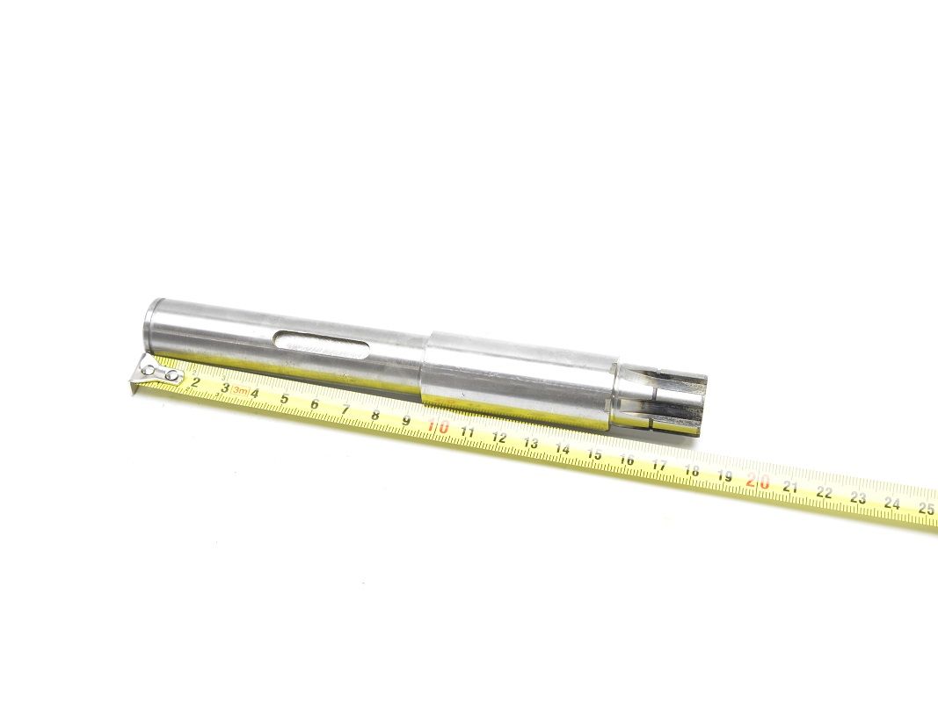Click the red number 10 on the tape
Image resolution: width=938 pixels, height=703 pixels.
439,427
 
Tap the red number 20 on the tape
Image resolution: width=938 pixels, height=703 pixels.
758,481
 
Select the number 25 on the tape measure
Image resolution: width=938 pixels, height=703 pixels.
926,509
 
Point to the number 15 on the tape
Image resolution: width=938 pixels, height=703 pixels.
594,454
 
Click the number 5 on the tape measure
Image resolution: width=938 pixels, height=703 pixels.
285,399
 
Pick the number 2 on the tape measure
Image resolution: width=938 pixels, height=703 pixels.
194,382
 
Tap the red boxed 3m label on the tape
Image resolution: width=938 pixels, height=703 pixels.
240,391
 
